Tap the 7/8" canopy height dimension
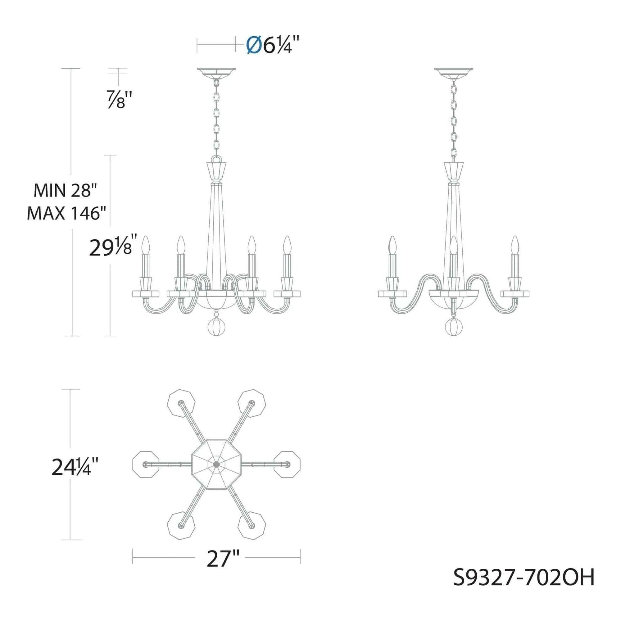(120, 99)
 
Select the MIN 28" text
(65, 191)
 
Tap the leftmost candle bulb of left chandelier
(146, 245)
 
